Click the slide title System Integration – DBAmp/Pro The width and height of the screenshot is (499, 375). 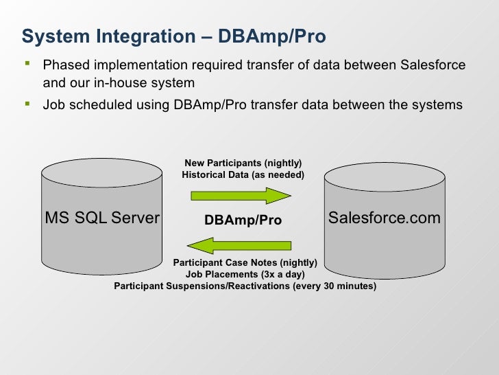pos(173,35)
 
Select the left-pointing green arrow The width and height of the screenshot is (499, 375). pos(239,244)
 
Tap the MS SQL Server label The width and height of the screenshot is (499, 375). pos(102,218)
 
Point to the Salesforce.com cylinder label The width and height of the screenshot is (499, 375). pos(384,218)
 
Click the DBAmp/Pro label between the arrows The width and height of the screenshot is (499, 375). pos(243,220)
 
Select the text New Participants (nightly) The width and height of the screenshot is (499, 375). pos(243,163)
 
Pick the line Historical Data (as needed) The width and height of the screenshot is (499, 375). pos(243,175)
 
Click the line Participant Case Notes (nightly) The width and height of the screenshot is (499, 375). pos(245,262)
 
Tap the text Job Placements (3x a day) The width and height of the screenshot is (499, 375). pos(245,274)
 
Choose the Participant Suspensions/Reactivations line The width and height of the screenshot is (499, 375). pos(245,286)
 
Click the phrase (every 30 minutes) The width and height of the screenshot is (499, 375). pos(334,286)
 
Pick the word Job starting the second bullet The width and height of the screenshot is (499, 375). pos(54,106)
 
